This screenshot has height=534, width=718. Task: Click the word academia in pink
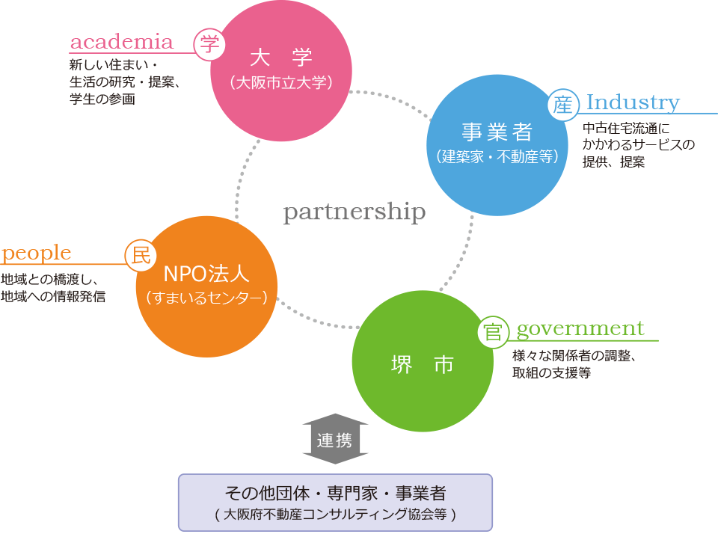coord(121,42)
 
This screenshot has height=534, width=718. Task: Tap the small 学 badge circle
coord(209,44)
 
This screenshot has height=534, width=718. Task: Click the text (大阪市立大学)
coord(281,83)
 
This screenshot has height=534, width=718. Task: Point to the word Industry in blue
coord(633,102)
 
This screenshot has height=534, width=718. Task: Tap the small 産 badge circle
coord(562,105)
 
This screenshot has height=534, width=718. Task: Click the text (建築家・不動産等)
coord(497,157)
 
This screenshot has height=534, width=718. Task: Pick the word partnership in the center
coord(355,212)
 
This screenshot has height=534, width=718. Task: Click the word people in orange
coord(37,254)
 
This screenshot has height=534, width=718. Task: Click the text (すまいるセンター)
coord(206,298)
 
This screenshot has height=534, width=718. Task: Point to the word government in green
coord(580,328)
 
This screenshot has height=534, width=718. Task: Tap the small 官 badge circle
coord(493,332)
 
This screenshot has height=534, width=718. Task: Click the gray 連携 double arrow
coord(334,440)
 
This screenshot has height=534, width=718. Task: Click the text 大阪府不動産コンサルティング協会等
coord(335,515)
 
